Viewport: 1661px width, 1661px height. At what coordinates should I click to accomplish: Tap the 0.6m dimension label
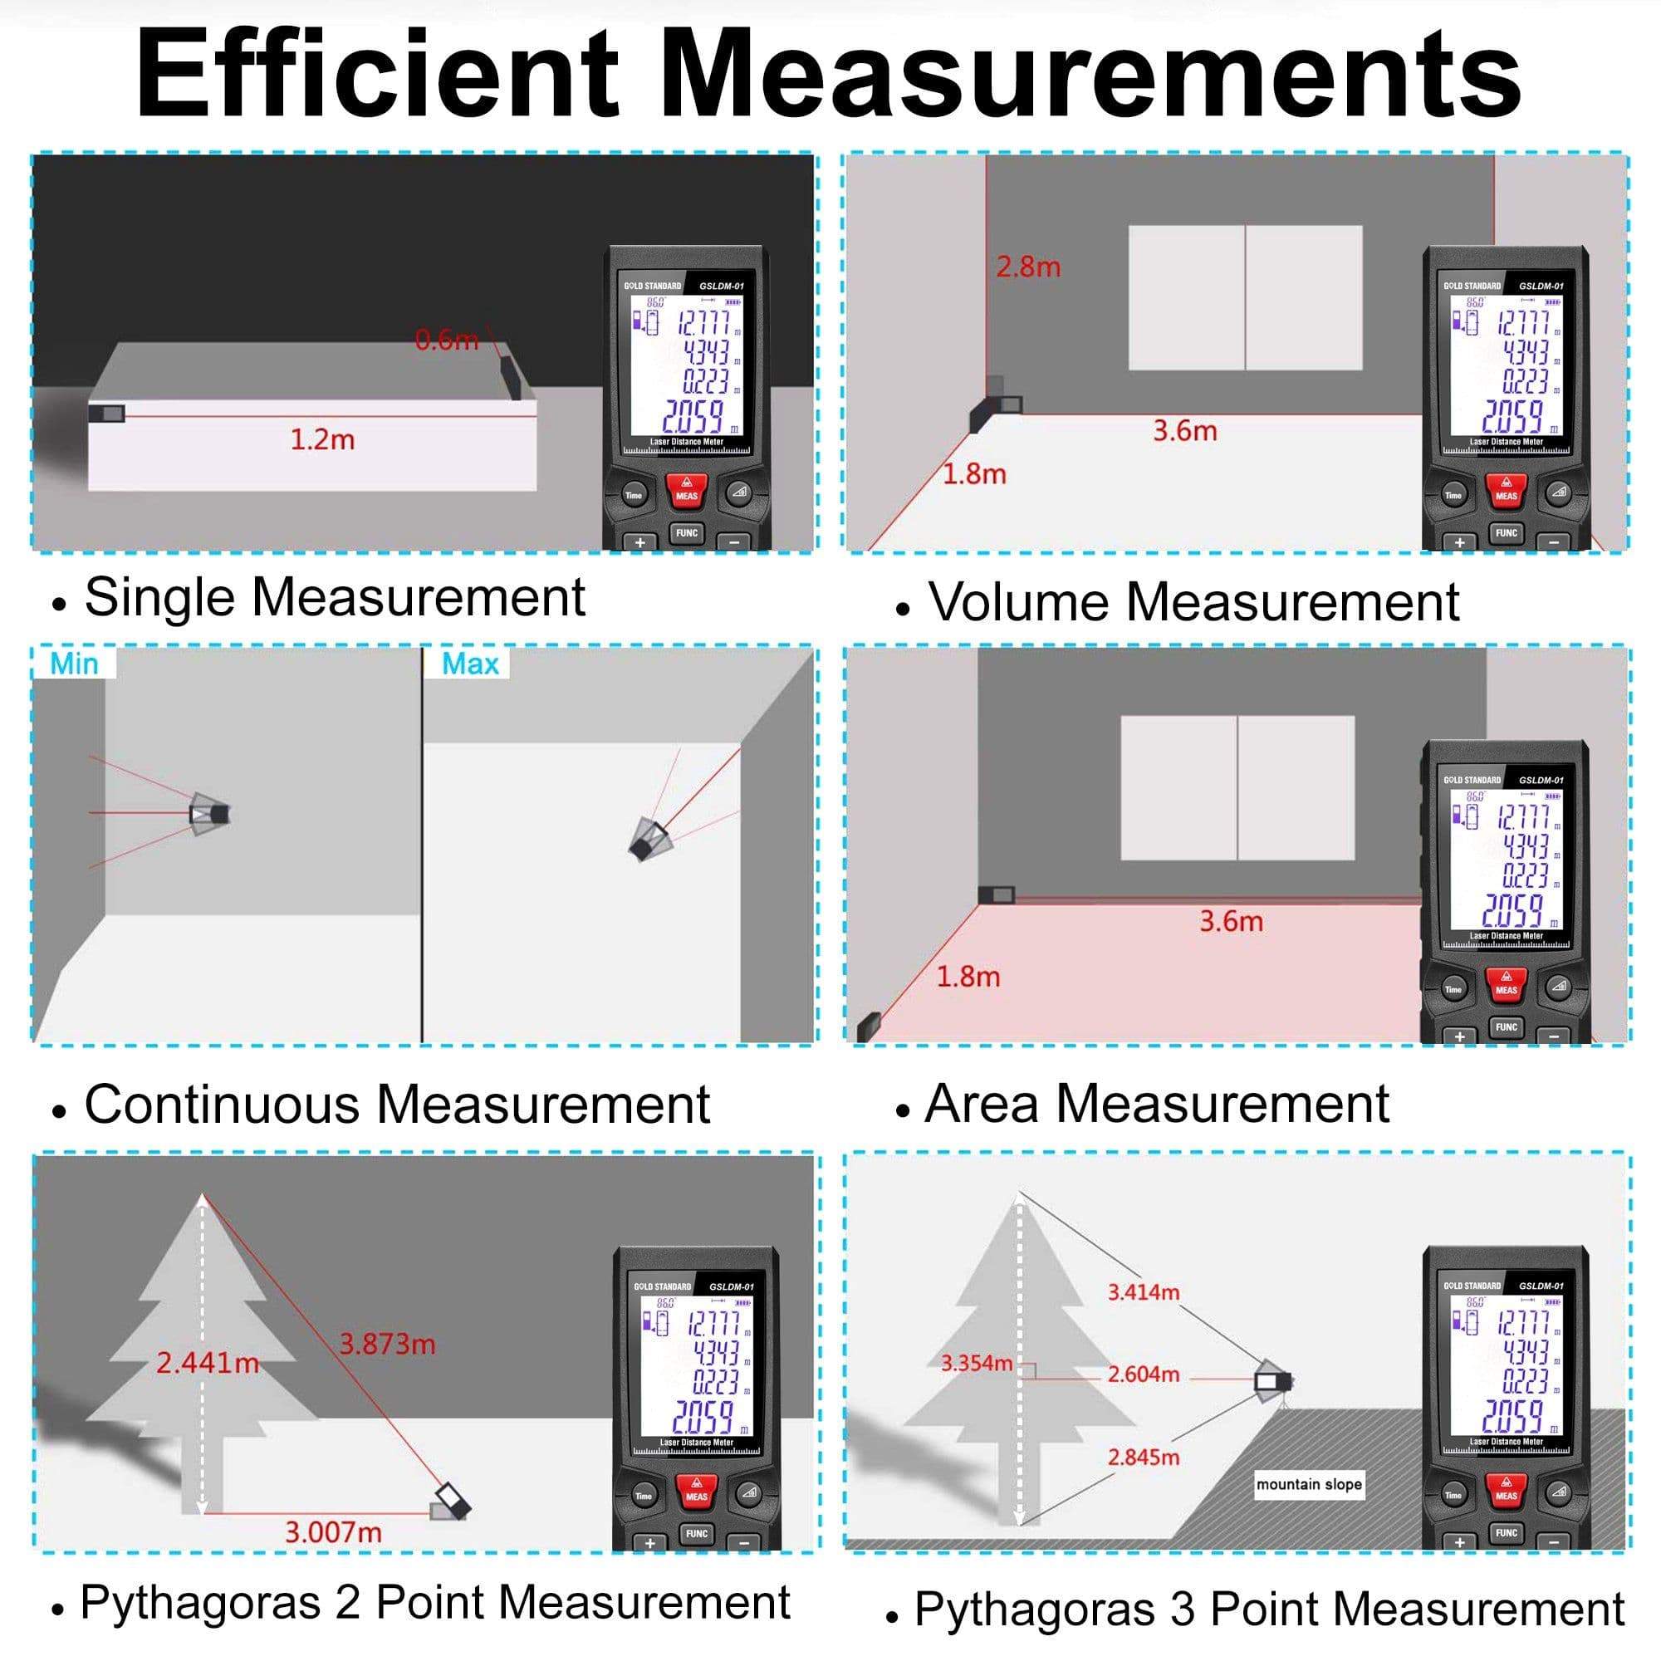pyautogui.click(x=446, y=341)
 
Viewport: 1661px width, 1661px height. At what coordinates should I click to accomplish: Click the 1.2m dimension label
pyautogui.click(x=322, y=440)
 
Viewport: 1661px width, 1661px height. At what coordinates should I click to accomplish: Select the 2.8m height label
pyautogui.click(x=1028, y=267)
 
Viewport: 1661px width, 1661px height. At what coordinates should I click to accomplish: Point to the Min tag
pyautogui.click(x=74, y=664)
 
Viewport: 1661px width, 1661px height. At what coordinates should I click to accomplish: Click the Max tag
pyautogui.click(x=470, y=664)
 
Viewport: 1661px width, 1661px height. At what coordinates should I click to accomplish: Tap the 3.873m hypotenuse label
pyautogui.click(x=387, y=1344)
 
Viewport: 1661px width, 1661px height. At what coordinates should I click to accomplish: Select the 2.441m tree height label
pyautogui.click(x=207, y=1363)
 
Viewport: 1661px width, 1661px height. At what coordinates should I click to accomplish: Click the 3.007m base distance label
pyautogui.click(x=333, y=1532)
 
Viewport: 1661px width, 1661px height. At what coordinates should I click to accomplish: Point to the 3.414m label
pyautogui.click(x=1144, y=1292)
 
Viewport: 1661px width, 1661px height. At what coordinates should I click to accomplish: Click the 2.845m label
pyautogui.click(x=1144, y=1458)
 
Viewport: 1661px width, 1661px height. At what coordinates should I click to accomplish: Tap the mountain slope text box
pyautogui.click(x=1309, y=1485)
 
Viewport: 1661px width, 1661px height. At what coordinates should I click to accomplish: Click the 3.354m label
pyautogui.click(x=977, y=1364)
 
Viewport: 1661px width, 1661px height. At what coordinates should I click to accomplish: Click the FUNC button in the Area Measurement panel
pyautogui.click(x=1507, y=1027)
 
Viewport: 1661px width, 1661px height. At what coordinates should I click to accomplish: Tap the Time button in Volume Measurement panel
pyautogui.click(x=1453, y=496)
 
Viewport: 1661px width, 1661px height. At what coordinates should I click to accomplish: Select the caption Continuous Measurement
pyautogui.click(x=396, y=1105)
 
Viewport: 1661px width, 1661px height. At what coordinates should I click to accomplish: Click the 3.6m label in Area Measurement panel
pyautogui.click(x=1231, y=922)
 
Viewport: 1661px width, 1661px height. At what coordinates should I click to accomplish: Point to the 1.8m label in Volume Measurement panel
pyautogui.click(x=974, y=474)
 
